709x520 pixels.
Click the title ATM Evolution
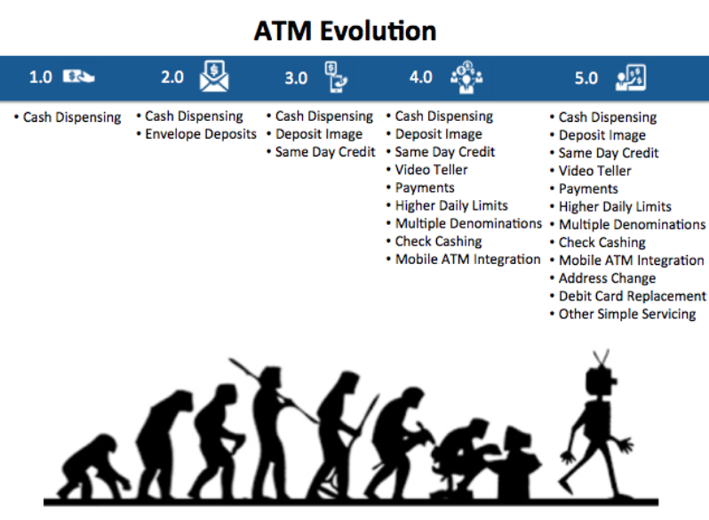pos(345,31)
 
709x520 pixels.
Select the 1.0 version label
pos(41,77)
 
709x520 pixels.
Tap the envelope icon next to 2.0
pos(214,76)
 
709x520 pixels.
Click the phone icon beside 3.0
pos(336,77)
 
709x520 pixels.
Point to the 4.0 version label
pos(421,77)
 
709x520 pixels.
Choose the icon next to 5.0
pos(631,77)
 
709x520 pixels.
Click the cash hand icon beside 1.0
pos(78,76)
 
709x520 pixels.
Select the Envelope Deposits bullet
pos(201,134)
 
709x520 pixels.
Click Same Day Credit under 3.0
pos(325,152)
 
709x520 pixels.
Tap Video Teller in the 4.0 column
pos(432,170)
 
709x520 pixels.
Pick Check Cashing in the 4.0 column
pos(439,242)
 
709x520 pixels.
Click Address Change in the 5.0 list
pos(607,278)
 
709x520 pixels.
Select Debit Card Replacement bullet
pos(632,296)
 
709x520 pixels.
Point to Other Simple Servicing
pos(627,314)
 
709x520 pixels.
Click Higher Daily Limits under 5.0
pos(615,207)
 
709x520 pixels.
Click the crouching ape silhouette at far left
pos(92,466)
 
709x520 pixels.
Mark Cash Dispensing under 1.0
pos(72,117)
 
